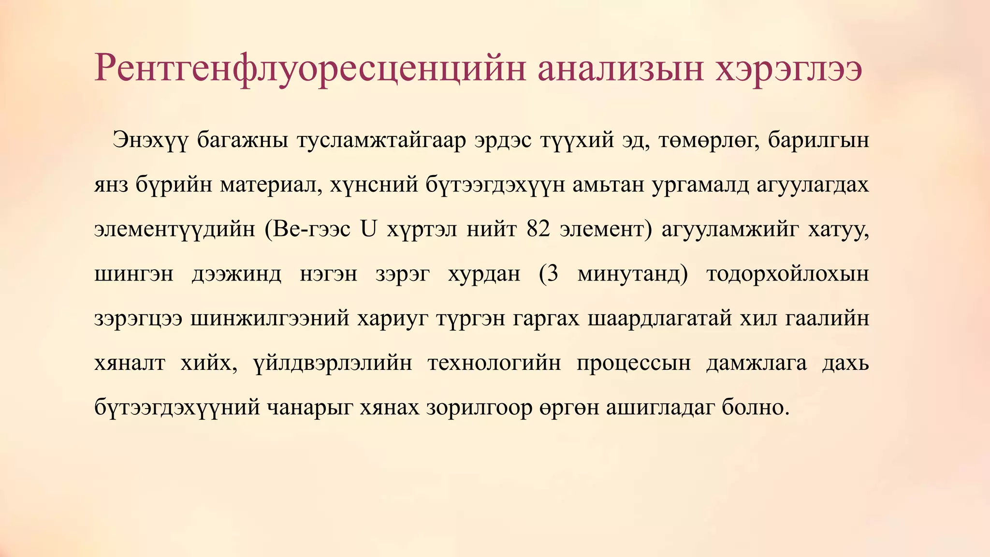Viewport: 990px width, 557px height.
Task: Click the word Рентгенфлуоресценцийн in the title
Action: pos(310,69)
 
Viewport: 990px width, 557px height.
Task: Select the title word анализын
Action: pos(619,69)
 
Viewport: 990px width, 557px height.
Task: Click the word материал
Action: pos(271,185)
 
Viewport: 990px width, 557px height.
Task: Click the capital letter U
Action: pos(368,229)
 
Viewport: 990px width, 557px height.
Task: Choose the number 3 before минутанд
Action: pos(553,274)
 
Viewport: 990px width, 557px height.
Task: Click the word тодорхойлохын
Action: pos(787,274)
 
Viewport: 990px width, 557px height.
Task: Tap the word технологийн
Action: pos(494,363)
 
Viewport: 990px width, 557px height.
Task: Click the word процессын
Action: pos(634,363)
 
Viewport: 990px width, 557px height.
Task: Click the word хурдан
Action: pos(484,274)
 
